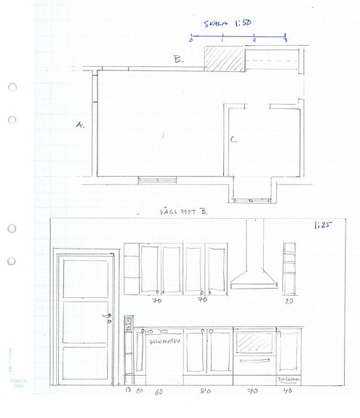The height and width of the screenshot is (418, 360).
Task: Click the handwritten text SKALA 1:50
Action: point(237,24)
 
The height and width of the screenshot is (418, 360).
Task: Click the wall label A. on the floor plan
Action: point(80,125)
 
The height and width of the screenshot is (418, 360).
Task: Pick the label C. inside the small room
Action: point(233,139)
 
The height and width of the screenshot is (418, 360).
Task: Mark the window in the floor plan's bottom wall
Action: point(156,178)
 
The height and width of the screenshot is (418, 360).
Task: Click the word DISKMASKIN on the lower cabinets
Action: point(163,339)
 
